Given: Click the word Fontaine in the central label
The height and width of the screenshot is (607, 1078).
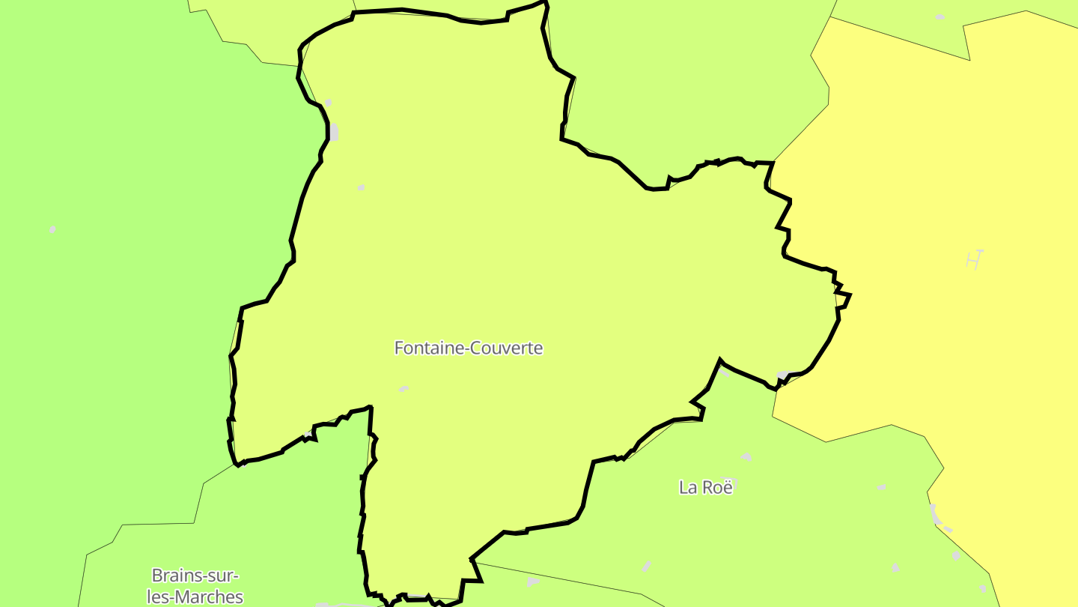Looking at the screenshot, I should click(x=425, y=348).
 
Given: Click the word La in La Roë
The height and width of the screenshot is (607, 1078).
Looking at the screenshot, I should click(x=687, y=487).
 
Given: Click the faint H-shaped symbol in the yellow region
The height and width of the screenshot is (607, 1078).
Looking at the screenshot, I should click(x=973, y=259).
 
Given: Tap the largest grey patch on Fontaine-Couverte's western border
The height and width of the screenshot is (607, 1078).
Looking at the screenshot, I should click(x=333, y=133).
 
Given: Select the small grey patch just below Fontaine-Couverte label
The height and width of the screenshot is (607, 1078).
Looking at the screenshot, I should click(x=404, y=389).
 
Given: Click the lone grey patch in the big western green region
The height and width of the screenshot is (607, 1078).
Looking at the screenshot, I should click(x=52, y=229).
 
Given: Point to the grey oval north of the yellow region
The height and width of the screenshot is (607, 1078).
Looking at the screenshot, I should click(x=940, y=16).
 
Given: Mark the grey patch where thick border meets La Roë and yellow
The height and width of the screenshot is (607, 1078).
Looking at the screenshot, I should click(x=783, y=375).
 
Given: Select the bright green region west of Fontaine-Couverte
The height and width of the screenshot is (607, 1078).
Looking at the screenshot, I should click(x=135, y=262).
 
